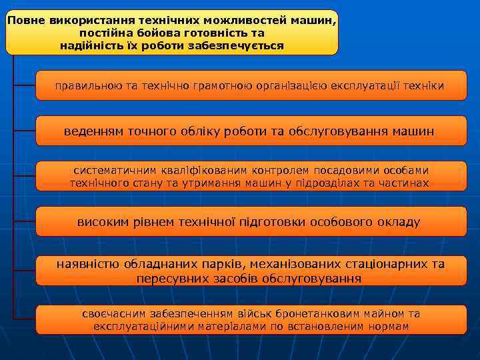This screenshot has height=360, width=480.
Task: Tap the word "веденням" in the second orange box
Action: point(93,131)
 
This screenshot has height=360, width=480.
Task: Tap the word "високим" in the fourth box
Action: point(101,222)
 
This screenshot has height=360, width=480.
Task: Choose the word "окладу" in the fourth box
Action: point(399,222)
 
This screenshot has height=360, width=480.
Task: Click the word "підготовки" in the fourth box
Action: point(263,222)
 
